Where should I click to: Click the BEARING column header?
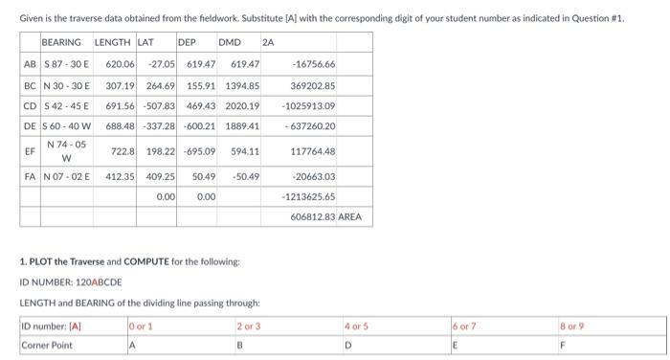pyautogui.click(x=61, y=43)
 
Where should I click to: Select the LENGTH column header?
pyautogui.click(x=113, y=43)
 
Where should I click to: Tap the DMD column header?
pyautogui.click(x=230, y=43)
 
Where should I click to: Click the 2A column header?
pyautogui.click(x=268, y=43)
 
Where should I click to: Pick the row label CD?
pyautogui.click(x=30, y=106)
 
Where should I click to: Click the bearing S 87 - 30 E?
pyautogui.click(x=64, y=64)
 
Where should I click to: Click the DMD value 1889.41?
pyautogui.click(x=242, y=127)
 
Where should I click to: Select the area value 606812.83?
pyautogui.click(x=311, y=217)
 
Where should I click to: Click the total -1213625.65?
pyautogui.click(x=308, y=196)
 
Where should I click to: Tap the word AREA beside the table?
pyautogui.click(x=350, y=217)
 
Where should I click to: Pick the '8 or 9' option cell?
pyautogui.click(x=572, y=326)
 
